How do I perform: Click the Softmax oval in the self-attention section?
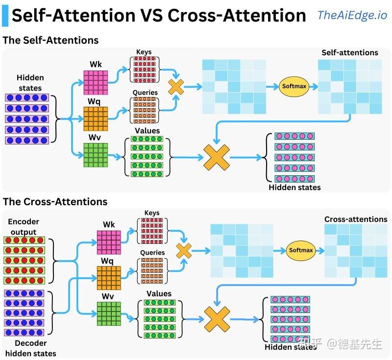coord(294,86)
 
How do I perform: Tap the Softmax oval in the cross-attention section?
coord(300,250)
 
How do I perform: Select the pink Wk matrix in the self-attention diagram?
coord(95,82)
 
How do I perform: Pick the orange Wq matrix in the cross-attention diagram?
coord(109,278)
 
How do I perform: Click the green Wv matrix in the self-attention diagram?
coord(95,155)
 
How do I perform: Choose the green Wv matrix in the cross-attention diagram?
coord(109,314)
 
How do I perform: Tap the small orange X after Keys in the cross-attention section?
coord(184,251)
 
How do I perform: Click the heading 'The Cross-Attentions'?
coord(55,202)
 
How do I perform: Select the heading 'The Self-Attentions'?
coord(50,41)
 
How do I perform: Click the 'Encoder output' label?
coord(24,227)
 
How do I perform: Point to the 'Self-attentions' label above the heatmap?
coord(349,52)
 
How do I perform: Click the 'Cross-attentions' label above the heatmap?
coord(356,219)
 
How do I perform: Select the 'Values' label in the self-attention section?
coord(147,131)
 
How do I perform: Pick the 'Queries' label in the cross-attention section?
coord(152,253)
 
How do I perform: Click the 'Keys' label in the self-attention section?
coord(144,52)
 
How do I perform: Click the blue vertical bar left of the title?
coord(5,15)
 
